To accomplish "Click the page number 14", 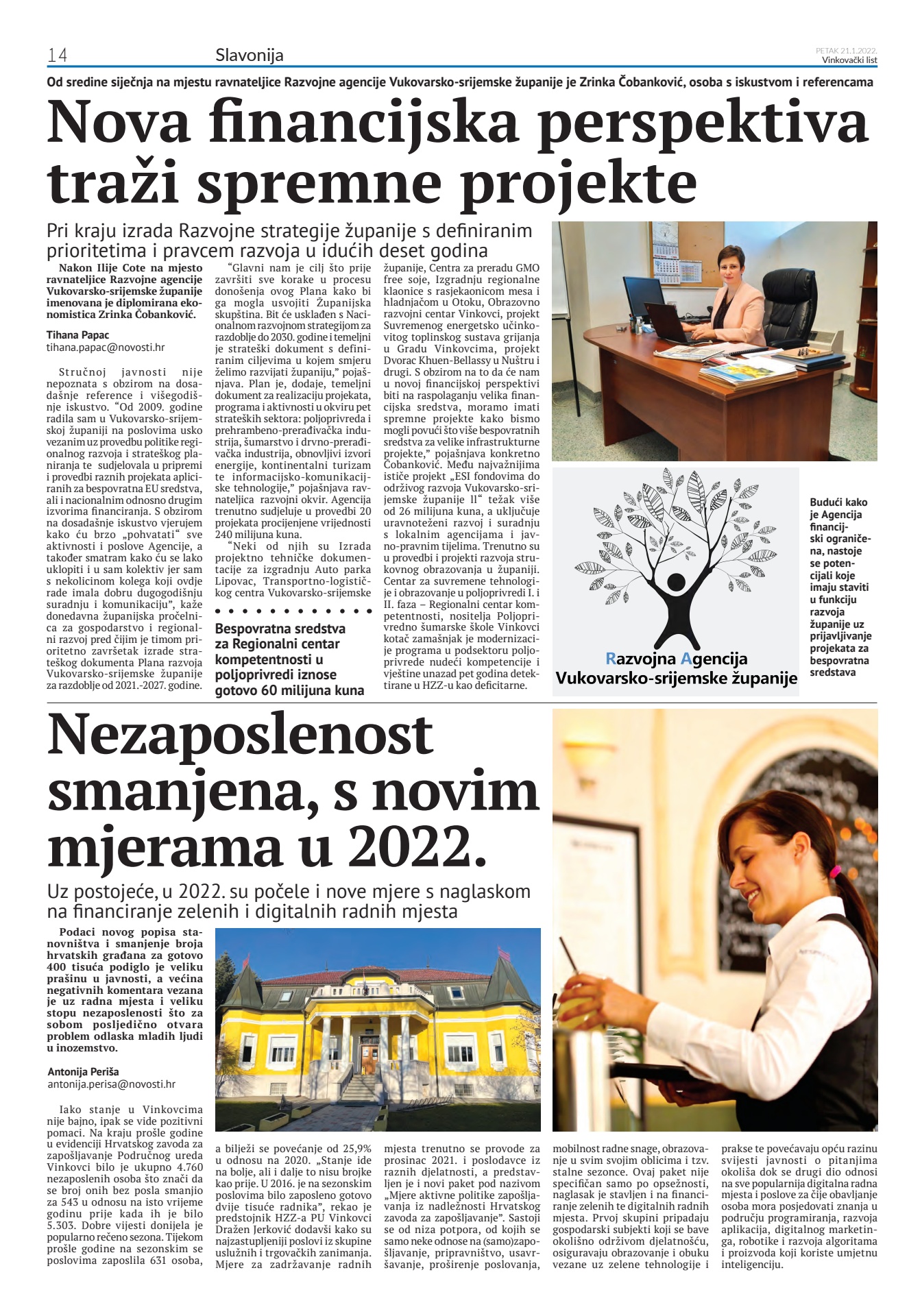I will (57, 56).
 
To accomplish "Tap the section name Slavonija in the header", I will (249, 56).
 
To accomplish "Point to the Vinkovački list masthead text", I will (849, 60).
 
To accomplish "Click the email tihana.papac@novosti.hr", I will (106, 348).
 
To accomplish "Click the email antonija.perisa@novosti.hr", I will (112, 1084).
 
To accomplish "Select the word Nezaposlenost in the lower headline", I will (240, 735).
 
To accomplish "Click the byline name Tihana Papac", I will (77, 334).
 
